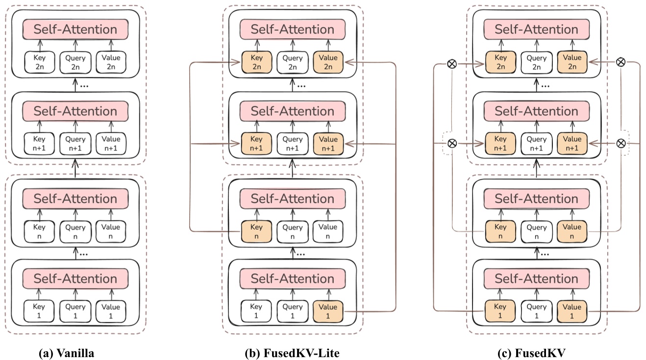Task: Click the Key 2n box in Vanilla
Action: (x=39, y=62)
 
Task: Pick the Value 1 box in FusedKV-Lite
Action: (x=328, y=312)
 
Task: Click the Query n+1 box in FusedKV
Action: (x=536, y=144)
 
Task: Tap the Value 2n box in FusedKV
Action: (x=572, y=62)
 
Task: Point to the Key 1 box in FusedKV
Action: (x=500, y=312)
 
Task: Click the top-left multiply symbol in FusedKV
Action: (x=452, y=63)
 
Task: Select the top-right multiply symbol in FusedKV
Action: (x=621, y=62)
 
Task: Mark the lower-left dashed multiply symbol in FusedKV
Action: (x=452, y=144)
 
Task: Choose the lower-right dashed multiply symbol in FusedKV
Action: (x=621, y=144)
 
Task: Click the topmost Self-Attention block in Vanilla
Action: (x=75, y=29)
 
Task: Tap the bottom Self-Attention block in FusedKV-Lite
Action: (x=292, y=279)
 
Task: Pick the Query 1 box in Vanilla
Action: (x=75, y=312)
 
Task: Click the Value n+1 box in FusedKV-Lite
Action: (x=328, y=144)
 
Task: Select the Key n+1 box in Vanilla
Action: (x=39, y=144)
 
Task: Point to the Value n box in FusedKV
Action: (x=572, y=231)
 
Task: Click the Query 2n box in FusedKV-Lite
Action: (x=292, y=62)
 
